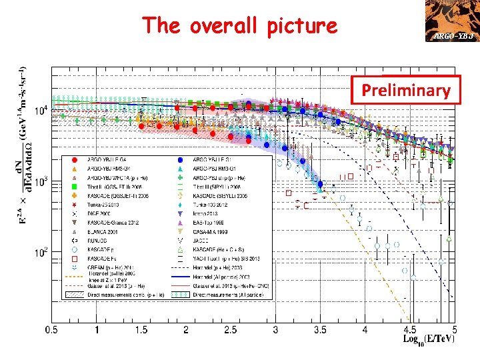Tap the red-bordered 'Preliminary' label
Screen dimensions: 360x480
[x=406, y=91]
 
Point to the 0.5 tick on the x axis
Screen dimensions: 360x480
[x=52, y=330]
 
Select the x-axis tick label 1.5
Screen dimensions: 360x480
[x=141, y=330]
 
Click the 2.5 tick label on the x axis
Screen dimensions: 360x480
[x=231, y=330]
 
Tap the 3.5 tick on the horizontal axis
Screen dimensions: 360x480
[x=320, y=330]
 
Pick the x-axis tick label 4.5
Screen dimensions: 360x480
[x=409, y=330]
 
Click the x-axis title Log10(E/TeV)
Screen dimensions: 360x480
[x=429, y=339]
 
